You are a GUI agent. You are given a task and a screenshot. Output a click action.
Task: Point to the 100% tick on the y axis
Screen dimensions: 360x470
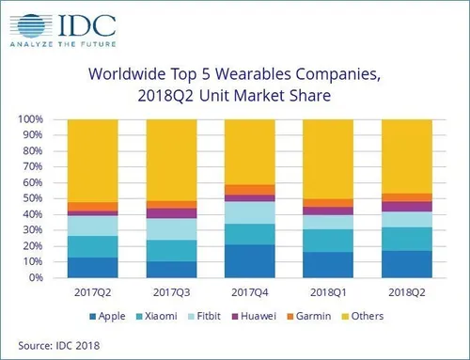tap(32, 119)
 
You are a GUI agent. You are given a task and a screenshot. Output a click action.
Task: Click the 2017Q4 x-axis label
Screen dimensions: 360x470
tap(250, 291)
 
